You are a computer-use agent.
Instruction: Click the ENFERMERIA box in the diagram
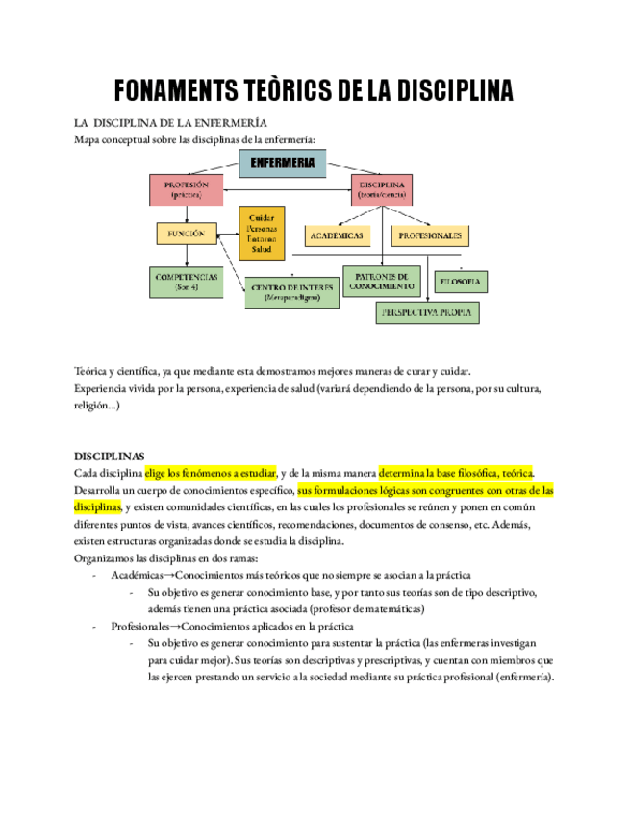pos(282,163)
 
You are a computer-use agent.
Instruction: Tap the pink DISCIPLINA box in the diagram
pos(382,189)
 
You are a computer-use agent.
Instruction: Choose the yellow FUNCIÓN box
pos(187,234)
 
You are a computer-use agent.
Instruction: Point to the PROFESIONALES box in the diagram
pos(430,235)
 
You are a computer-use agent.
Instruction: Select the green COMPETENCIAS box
pos(187,282)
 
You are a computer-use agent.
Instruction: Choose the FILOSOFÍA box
pos(461,282)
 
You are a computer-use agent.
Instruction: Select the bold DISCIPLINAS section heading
pos(110,456)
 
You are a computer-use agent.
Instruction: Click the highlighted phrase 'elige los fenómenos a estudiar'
pos(211,473)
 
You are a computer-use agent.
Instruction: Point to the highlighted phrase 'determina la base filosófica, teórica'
pos(455,473)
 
